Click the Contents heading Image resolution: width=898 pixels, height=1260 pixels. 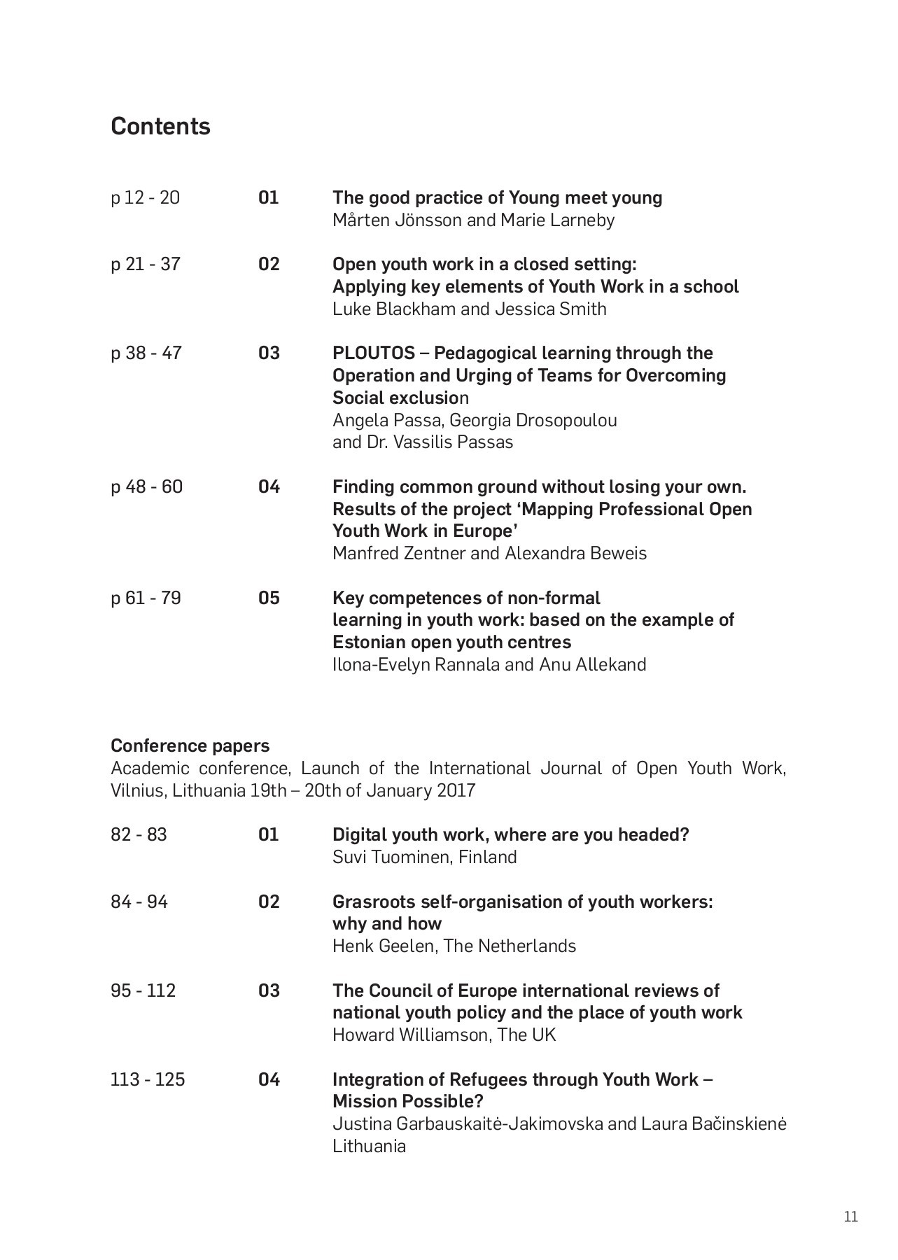click(x=160, y=126)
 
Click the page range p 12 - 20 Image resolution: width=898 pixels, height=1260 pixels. click(x=145, y=198)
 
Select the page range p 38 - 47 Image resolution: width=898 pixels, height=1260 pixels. click(x=146, y=353)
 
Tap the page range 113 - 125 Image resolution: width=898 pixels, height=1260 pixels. click(x=148, y=1079)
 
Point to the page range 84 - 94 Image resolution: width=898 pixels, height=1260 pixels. click(x=139, y=902)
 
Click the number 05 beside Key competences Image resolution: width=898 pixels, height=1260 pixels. click(x=269, y=598)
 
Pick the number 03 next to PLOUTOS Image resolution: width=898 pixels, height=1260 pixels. click(x=269, y=353)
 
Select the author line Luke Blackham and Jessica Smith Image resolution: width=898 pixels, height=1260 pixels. click(x=469, y=309)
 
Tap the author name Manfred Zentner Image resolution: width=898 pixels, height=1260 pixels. click(x=399, y=553)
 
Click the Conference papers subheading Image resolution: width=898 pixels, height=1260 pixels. click(x=190, y=745)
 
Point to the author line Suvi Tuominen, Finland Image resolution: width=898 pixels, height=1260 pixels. click(x=424, y=857)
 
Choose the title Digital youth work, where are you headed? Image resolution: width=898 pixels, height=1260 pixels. click(x=510, y=834)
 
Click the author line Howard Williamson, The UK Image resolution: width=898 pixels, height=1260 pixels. click(x=444, y=1035)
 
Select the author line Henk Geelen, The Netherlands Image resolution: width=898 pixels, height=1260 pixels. click(x=454, y=946)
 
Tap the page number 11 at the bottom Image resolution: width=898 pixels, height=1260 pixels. click(x=850, y=1217)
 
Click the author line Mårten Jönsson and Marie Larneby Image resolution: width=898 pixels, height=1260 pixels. click(x=473, y=220)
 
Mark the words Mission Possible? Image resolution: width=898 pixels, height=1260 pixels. click(x=407, y=1101)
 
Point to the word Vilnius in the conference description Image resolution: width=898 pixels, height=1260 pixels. click(x=136, y=790)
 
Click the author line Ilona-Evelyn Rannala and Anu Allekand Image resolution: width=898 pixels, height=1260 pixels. click(x=489, y=664)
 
